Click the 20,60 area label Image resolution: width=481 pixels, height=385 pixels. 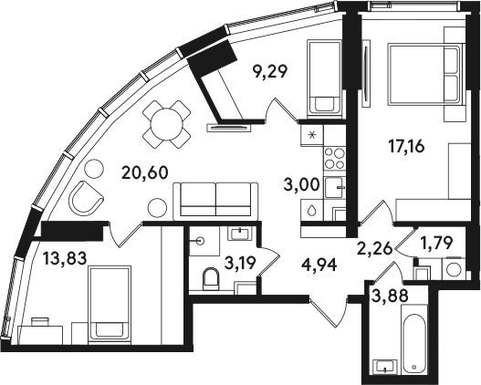pyautogui.click(x=145, y=172)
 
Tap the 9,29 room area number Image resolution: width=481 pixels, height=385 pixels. pyautogui.click(x=269, y=72)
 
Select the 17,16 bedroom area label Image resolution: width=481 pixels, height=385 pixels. pyautogui.click(x=406, y=147)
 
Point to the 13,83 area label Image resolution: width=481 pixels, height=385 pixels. pyautogui.click(x=65, y=257)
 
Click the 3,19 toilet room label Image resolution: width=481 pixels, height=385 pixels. pyautogui.click(x=240, y=264)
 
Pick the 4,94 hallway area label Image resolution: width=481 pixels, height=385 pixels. pyautogui.click(x=319, y=265)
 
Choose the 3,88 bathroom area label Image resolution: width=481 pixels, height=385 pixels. pyautogui.click(x=390, y=297)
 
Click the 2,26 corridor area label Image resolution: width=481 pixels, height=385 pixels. pyautogui.click(x=374, y=247)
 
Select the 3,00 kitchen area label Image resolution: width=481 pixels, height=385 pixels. pyautogui.click(x=302, y=185)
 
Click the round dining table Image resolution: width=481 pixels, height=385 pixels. pyautogui.click(x=166, y=124)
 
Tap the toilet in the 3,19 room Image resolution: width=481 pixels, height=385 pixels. pyautogui.click(x=210, y=279)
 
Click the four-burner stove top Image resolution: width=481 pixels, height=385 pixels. pyautogui.click(x=334, y=158)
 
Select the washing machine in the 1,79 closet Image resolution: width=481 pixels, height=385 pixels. pyautogui.click(x=454, y=269)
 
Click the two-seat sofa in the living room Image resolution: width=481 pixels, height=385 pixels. pyautogui.click(x=215, y=201)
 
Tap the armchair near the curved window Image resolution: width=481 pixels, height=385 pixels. pyautogui.click(x=86, y=196)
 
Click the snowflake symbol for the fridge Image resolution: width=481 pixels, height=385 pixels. pyautogui.click(x=312, y=135)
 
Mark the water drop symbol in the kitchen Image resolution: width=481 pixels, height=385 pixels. pyautogui.click(x=311, y=211)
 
